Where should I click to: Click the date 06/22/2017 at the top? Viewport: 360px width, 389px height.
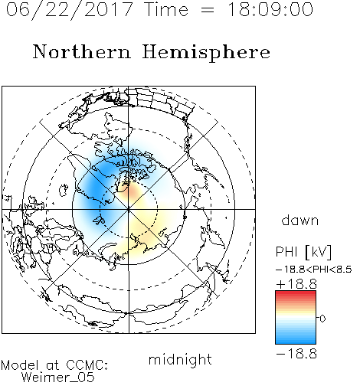(x=69, y=10)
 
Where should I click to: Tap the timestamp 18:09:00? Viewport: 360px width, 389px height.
(x=270, y=9)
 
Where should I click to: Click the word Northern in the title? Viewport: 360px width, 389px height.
(x=81, y=51)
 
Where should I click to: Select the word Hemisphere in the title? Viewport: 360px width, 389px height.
(x=206, y=53)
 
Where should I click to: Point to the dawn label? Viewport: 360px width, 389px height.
(x=300, y=220)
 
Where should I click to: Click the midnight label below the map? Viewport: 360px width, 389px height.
(x=180, y=360)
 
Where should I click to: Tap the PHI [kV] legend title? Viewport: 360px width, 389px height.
(x=303, y=252)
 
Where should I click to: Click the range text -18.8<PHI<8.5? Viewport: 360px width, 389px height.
(x=314, y=270)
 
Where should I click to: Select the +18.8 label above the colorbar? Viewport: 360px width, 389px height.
(x=296, y=284)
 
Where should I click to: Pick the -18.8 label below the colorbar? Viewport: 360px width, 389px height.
(x=296, y=354)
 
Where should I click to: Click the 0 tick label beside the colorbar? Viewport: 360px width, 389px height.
(x=322, y=319)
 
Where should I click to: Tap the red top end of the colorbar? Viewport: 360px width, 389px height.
(x=296, y=293)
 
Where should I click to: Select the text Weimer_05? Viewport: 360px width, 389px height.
(x=58, y=378)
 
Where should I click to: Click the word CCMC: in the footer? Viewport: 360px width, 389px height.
(x=87, y=365)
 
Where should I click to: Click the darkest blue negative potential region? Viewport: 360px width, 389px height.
(x=94, y=189)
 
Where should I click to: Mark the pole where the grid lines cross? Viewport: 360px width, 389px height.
(x=129, y=209)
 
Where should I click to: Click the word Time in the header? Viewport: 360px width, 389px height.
(x=166, y=9)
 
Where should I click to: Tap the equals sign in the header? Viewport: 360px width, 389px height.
(x=208, y=11)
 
